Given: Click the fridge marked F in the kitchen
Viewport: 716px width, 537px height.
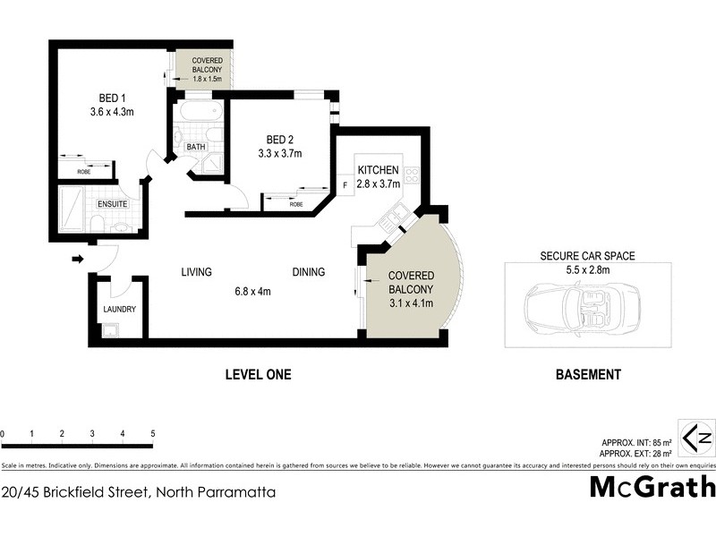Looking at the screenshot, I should [x=345, y=186].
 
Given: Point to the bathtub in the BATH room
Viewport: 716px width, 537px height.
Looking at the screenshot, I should [x=195, y=114].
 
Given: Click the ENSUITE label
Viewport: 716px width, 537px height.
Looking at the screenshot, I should [x=112, y=204].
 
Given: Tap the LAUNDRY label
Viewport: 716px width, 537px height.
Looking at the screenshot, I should [x=119, y=310].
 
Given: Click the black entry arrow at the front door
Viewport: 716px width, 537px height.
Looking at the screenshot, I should [x=77, y=260].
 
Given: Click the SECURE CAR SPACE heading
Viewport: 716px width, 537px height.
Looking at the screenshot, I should [x=587, y=255].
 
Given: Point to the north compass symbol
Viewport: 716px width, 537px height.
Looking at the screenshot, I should [x=697, y=438].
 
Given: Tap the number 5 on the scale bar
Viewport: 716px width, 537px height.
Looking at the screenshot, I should [x=153, y=433].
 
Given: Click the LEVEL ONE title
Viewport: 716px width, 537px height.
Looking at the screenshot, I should [x=258, y=375].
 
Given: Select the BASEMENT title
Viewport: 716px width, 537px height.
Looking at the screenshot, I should [x=587, y=375].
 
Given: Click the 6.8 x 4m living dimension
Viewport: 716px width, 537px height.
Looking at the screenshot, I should [x=251, y=291].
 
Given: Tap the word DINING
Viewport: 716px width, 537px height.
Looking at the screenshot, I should [x=308, y=272].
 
